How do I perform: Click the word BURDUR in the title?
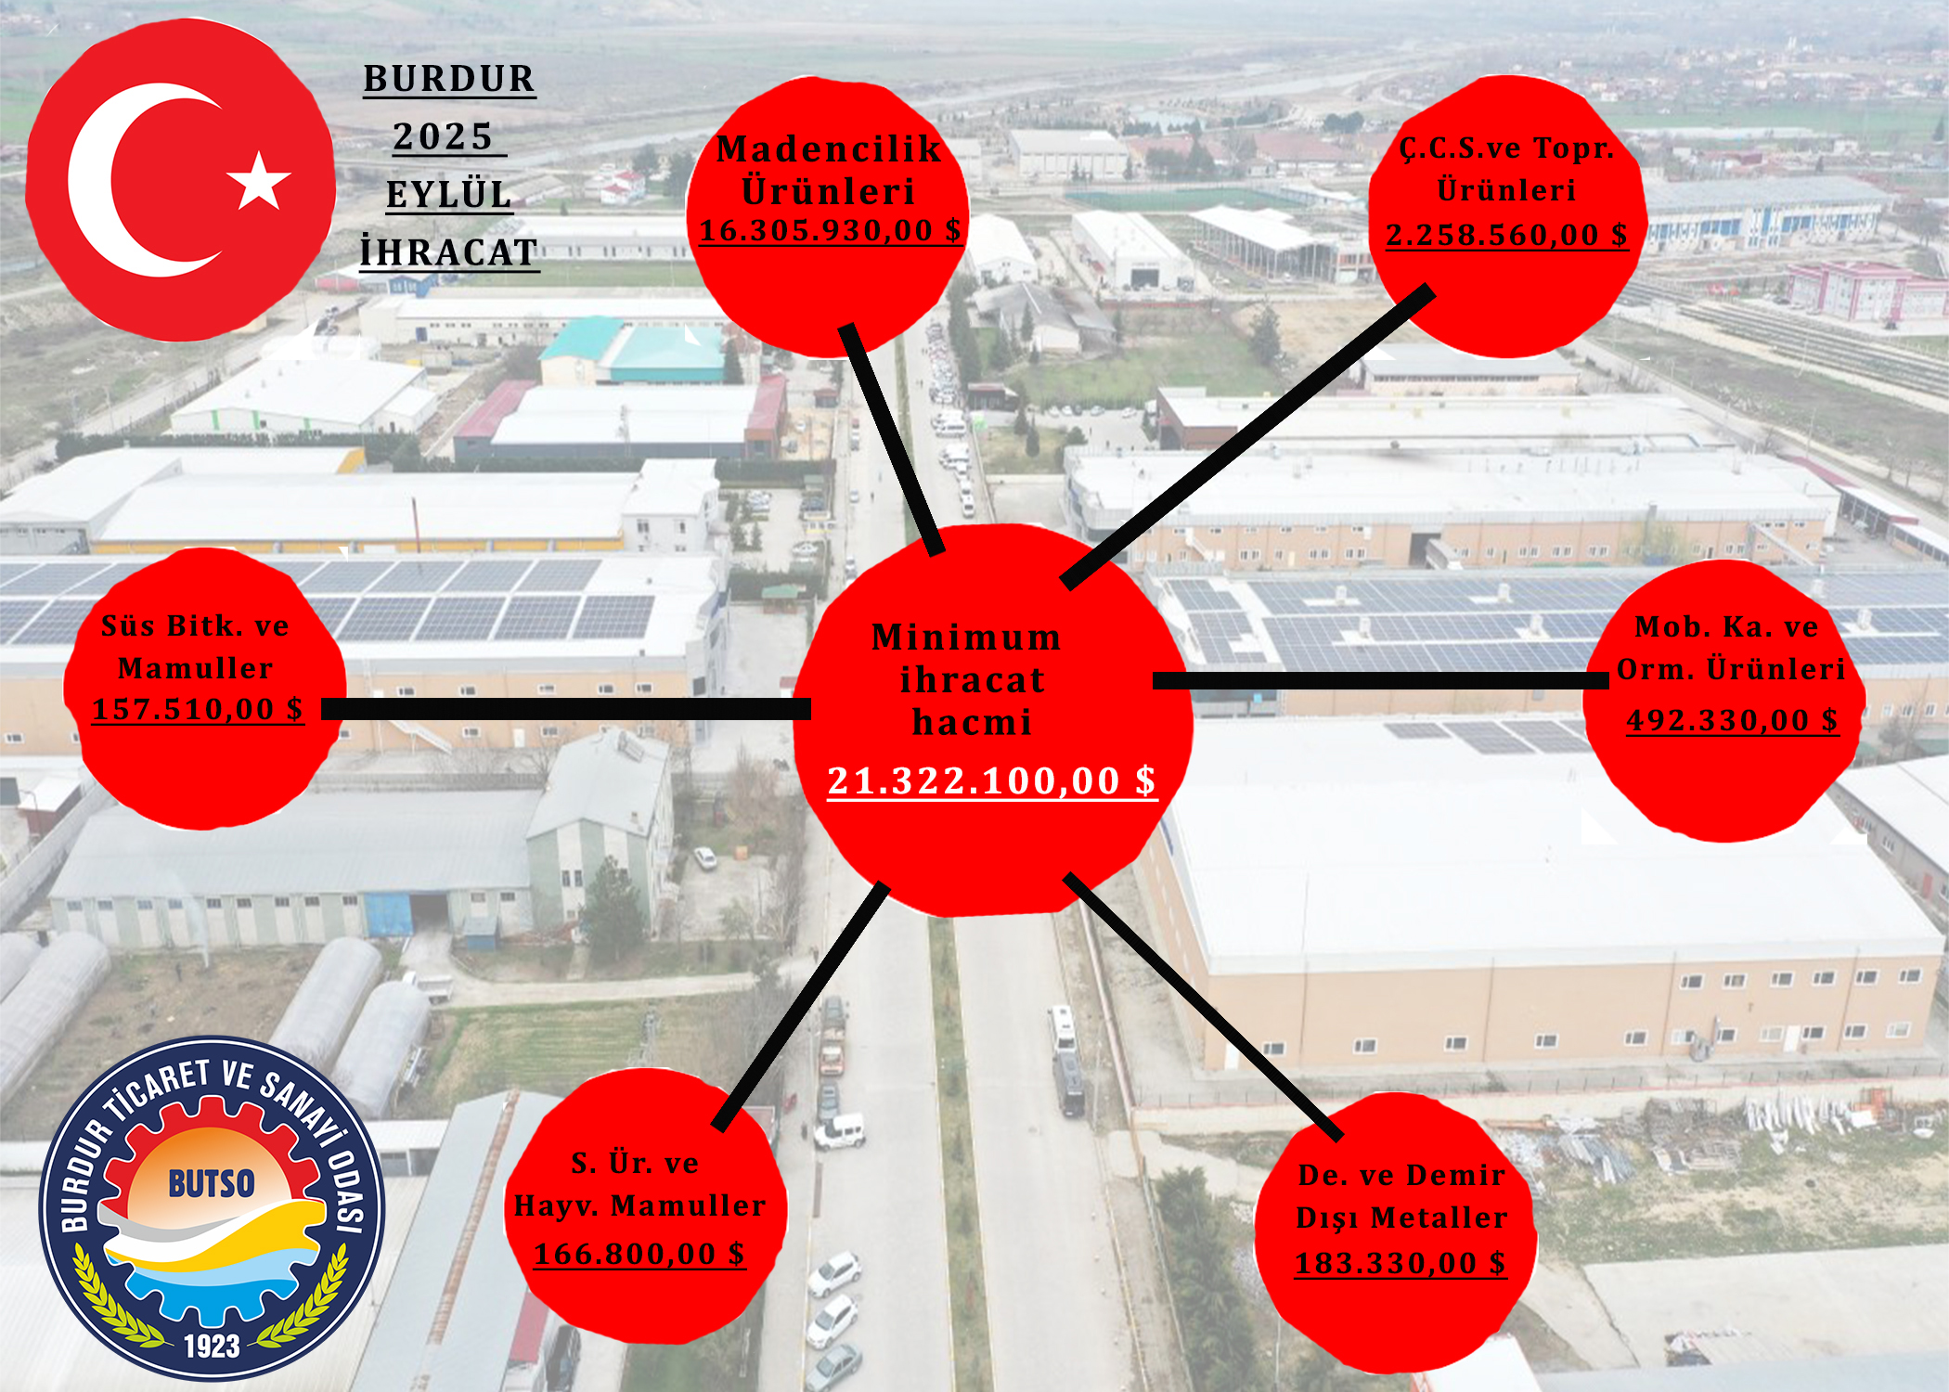[449, 79]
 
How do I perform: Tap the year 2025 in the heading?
[443, 136]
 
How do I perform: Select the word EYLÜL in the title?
[449, 195]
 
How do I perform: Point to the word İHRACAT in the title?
[449, 251]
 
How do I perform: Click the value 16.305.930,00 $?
[831, 230]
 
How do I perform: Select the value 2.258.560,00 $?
[1506, 235]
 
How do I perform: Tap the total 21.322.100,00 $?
[992, 780]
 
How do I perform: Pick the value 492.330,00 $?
[1732, 720]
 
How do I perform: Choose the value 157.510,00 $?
[198, 710]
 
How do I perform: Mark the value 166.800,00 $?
[639, 1254]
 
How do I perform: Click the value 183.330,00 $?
[1400, 1263]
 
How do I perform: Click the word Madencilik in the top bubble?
[829, 149]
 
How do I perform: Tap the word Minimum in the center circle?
[966, 637]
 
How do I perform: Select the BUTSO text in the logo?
[212, 1183]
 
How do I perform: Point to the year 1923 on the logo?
[212, 1346]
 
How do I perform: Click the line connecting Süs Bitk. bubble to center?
[566, 709]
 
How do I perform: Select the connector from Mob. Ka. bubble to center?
[1381, 680]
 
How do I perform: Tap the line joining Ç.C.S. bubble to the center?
[1248, 437]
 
